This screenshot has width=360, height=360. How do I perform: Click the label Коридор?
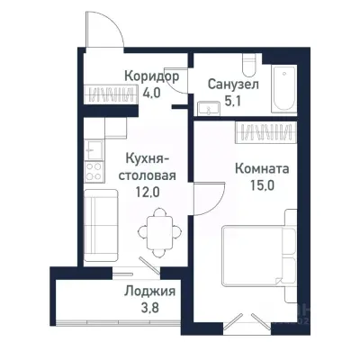151,76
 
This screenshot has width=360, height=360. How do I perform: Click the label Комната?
261,166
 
